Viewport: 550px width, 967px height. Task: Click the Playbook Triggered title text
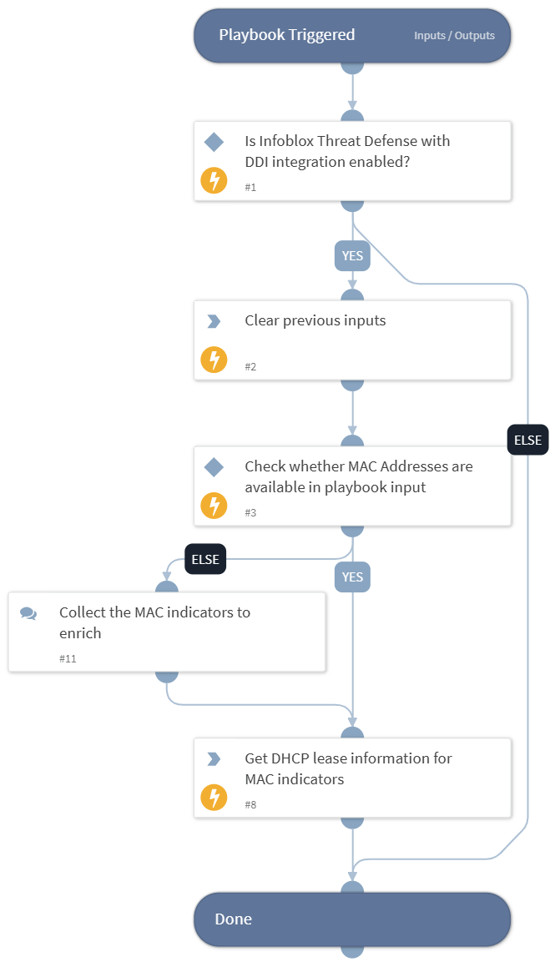pyautogui.click(x=286, y=35)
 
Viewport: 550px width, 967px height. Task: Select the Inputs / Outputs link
pyautogui.click(x=454, y=36)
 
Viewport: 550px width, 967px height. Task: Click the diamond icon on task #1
pyautogui.click(x=214, y=143)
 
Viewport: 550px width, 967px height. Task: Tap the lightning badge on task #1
pyautogui.click(x=214, y=180)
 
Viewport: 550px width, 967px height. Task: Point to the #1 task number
pyautogui.click(x=250, y=188)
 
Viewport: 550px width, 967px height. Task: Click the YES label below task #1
pyautogui.click(x=352, y=256)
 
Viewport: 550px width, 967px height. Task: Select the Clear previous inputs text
pyautogui.click(x=315, y=320)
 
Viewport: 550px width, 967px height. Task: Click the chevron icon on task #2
pyautogui.click(x=214, y=321)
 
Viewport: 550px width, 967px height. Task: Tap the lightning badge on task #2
pyautogui.click(x=214, y=360)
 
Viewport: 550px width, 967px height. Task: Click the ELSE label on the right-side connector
pyautogui.click(x=527, y=440)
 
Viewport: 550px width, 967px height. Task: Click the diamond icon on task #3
pyautogui.click(x=214, y=467)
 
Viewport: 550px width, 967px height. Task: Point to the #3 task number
pyautogui.click(x=250, y=513)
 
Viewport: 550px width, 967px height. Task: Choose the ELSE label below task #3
pyautogui.click(x=205, y=559)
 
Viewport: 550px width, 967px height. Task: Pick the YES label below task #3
pyautogui.click(x=352, y=577)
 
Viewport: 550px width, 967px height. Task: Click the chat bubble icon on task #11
pyautogui.click(x=28, y=613)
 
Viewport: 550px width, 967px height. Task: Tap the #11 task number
pyautogui.click(x=68, y=659)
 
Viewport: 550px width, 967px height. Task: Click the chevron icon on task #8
pyautogui.click(x=214, y=759)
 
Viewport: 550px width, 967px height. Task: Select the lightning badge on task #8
pyautogui.click(x=214, y=798)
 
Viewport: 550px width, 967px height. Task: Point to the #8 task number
pyautogui.click(x=250, y=805)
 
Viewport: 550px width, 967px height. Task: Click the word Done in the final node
pyautogui.click(x=233, y=919)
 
